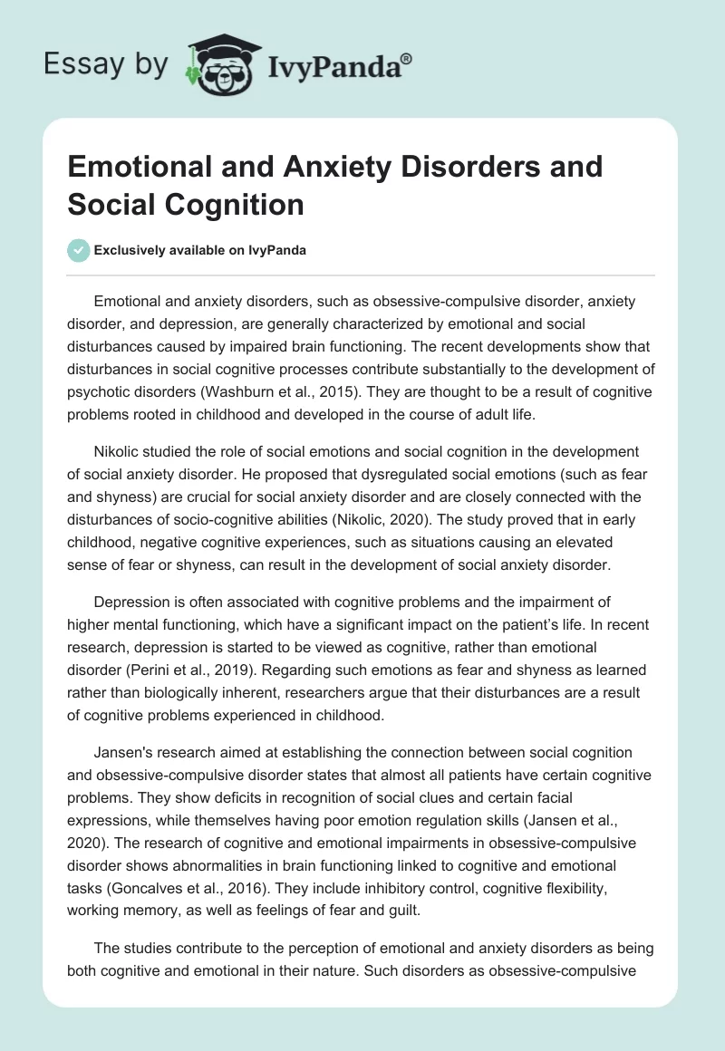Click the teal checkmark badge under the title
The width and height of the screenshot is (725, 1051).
(79, 250)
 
